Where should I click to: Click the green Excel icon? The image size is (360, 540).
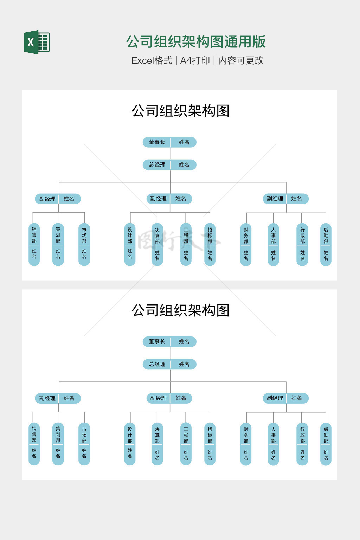(x=37, y=42)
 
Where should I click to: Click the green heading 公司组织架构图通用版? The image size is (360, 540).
(x=196, y=41)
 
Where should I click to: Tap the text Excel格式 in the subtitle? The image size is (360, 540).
(x=152, y=60)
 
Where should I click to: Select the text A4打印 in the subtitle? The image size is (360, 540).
(x=195, y=60)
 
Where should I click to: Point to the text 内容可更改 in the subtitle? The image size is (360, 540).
(x=241, y=60)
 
